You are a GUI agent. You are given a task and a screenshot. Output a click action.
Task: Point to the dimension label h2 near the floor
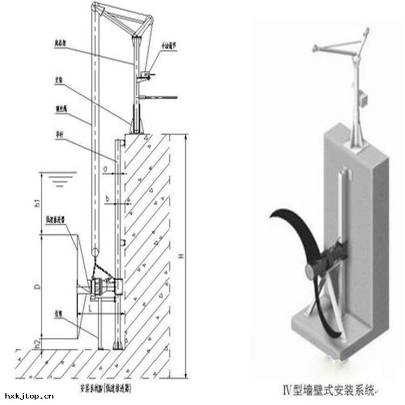tap(37, 342)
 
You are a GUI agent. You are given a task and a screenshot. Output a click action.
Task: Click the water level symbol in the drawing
tap(59, 178)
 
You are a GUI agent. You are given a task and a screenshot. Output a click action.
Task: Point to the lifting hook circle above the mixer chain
tap(95, 252)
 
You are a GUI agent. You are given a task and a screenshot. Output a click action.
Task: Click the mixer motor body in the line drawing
tap(103, 288)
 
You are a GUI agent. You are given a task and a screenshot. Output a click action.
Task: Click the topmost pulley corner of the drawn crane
tap(95, 6)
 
